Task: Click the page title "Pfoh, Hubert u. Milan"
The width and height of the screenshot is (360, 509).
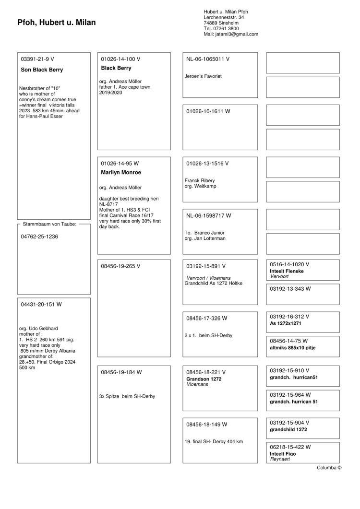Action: tap(57, 22)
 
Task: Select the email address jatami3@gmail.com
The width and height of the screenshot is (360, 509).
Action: tap(231, 34)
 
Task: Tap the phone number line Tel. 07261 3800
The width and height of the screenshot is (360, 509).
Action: tap(221, 28)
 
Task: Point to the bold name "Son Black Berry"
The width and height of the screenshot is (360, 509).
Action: tap(42, 70)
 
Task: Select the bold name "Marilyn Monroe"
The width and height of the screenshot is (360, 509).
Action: tap(121, 172)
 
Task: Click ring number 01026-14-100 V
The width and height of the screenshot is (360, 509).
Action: tap(120, 59)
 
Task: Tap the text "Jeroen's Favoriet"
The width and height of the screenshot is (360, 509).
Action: tap(203, 76)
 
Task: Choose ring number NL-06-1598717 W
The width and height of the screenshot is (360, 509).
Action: tap(209, 216)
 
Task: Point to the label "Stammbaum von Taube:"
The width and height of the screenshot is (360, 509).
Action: tap(50, 224)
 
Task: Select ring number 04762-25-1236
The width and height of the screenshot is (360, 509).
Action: tap(40, 237)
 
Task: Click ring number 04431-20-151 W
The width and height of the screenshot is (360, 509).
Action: tap(41, 304)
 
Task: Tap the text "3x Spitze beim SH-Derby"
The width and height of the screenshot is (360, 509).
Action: tap(127, 396)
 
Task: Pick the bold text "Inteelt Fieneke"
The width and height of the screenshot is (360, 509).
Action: tap(287, 271)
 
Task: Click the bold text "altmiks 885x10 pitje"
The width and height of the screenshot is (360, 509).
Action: tap(293, 347)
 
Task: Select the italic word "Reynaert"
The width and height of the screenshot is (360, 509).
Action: tap(280, 459)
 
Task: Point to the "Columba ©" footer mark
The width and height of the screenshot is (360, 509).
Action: tap(329, 468)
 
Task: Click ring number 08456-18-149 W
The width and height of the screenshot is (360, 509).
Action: tap(207, 425)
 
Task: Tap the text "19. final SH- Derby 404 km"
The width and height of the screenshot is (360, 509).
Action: tap(214, 441)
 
